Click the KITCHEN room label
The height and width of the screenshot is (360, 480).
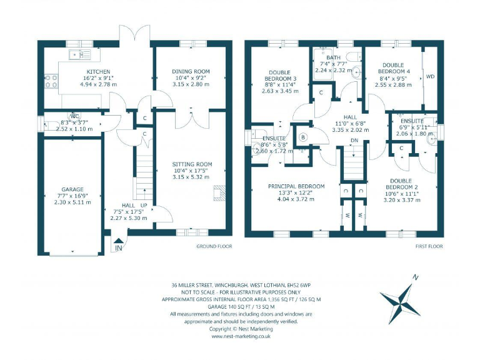tap(97, 72)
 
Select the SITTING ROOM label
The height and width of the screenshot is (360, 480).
tap(192, 164)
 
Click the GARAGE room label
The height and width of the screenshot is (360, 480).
tap(72, 189)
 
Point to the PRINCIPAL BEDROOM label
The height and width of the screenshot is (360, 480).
tap(296, 186)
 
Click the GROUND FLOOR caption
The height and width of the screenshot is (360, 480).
tap(214, 246)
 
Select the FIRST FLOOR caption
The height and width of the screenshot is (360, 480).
tap(429, 246)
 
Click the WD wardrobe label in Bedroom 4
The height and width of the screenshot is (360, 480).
tap(430, 77)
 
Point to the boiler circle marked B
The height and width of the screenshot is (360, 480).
tap(304, 137)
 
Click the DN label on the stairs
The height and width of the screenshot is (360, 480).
tap(354, 141)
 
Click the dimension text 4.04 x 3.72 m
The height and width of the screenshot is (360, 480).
tap(296, 200)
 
